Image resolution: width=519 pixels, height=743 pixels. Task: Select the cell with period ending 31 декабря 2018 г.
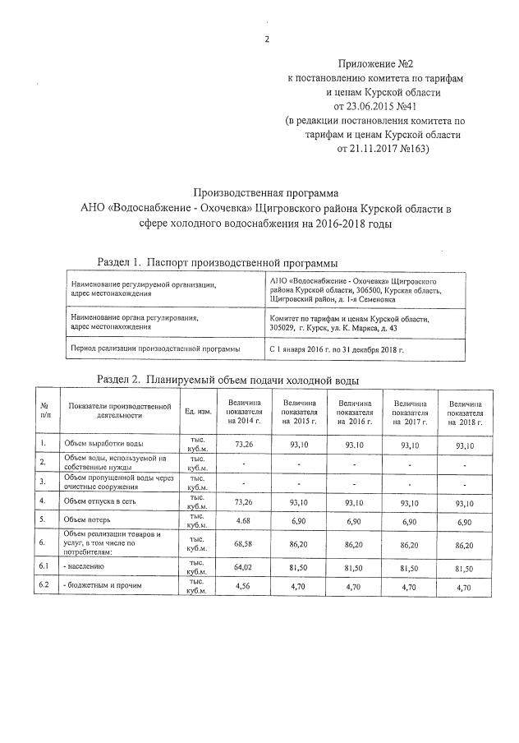coord(338,349)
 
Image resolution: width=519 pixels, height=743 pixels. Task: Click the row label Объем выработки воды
coord(103,444)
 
